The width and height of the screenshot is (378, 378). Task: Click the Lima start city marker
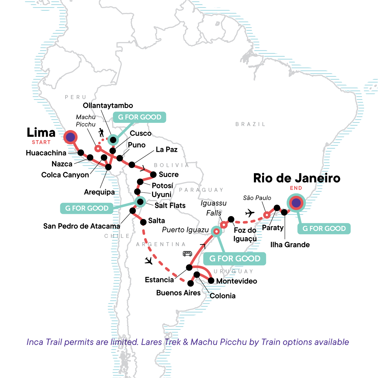tap(70, 137)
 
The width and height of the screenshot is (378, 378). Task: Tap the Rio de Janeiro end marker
tap(296, 203)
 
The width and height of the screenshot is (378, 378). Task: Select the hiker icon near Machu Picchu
tap(101, 133)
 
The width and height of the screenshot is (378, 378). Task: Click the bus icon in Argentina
tap(187, 254)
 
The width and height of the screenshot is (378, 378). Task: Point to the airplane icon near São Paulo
tap(250, 213)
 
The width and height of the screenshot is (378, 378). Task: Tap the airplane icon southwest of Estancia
tap(148, 261)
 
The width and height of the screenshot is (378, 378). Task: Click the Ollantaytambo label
tap(108, 106)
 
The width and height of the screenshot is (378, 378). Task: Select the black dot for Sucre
tap(153, 175)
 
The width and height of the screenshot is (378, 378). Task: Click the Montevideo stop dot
tap(211, 281)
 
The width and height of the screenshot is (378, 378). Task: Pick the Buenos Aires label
tap(178, 293)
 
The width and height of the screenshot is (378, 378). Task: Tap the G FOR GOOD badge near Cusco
tap(140, 117)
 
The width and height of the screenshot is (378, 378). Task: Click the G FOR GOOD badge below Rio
tap(324, 229)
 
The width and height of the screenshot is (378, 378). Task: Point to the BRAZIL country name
tap(250, 124)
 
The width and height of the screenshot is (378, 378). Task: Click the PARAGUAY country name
tap(201, 190)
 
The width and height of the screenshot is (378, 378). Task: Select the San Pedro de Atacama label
tap(82, 226)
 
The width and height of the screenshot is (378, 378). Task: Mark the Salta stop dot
tap(143, 222)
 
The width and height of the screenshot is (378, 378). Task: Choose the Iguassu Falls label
tap(214, 208)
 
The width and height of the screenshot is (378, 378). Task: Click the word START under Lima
tap(41, 142)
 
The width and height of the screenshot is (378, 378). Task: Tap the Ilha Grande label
tap(290, 245)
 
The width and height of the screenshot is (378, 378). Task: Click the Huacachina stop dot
tap(81, 153)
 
